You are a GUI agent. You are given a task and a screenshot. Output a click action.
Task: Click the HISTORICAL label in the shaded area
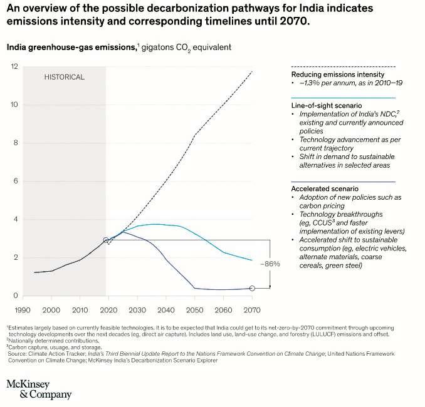[64, 77]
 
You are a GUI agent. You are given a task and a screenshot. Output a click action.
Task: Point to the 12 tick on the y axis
[15, 66]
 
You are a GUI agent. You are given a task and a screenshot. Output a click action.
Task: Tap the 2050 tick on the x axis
[195, 310]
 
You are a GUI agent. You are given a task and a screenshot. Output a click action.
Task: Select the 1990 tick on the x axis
[23, 310]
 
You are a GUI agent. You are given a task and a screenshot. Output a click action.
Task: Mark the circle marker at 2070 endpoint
[252, 288]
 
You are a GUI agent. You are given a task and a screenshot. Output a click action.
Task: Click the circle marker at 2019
[106, 240]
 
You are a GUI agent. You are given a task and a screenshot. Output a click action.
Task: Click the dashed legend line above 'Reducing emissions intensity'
[344, 66]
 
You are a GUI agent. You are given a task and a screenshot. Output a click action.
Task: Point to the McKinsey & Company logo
[39, 388]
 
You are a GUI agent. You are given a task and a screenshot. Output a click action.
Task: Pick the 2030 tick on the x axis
[137, 310]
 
